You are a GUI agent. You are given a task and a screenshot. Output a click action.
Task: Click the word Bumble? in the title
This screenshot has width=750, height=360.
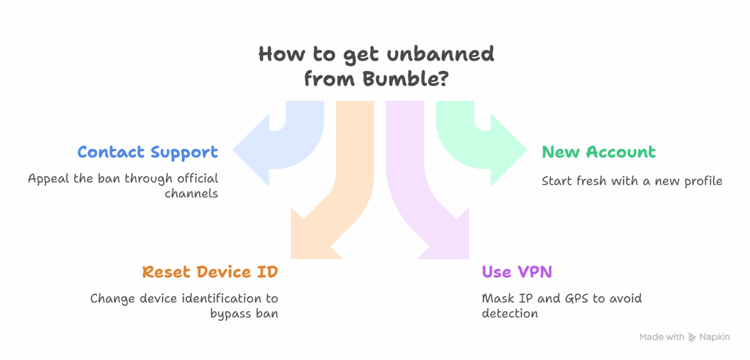405,79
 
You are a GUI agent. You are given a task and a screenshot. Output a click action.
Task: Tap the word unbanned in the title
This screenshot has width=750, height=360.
440,54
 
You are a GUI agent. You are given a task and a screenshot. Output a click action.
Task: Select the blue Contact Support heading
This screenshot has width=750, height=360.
147,152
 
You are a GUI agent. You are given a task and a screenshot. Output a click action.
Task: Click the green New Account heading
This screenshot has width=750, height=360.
599,152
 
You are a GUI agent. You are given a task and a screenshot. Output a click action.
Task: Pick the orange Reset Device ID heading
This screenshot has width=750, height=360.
210,272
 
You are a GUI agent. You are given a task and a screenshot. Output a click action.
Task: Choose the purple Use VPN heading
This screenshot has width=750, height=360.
517,272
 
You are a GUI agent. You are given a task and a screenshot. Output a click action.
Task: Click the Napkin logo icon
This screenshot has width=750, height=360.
692,337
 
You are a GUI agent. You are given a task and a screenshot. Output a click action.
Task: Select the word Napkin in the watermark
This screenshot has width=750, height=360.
714,337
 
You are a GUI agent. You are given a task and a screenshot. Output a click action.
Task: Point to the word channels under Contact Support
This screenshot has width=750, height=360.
191,193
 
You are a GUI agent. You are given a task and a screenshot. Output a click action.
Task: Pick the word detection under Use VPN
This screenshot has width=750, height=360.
510,313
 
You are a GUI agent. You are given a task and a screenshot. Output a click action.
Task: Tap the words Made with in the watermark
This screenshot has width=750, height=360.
662,337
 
